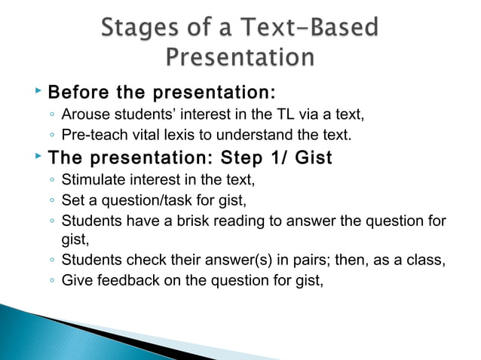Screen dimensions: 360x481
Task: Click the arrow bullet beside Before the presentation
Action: pyautogui.click(x=38, y=92)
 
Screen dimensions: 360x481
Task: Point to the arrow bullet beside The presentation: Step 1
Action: pyautogui.click(x=38, y=157)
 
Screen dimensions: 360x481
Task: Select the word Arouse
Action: pyautogui.click(x=84, y=115)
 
